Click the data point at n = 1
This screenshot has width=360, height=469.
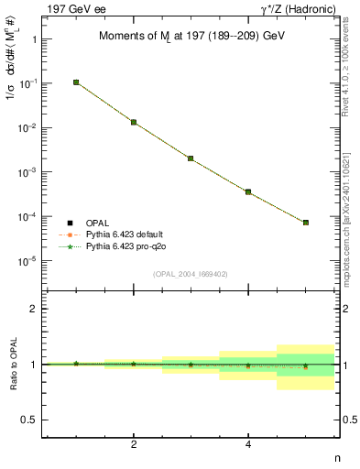click(76, 82)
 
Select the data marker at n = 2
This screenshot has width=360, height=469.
click(134, 122)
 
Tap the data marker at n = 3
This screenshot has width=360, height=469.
click(191, 158)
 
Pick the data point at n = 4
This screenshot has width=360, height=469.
click(248, 192)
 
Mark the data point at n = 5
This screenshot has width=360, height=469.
click(306, 223)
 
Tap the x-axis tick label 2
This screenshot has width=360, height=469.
click(134, 444)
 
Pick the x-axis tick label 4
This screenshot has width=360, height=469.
click(248, 444)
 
